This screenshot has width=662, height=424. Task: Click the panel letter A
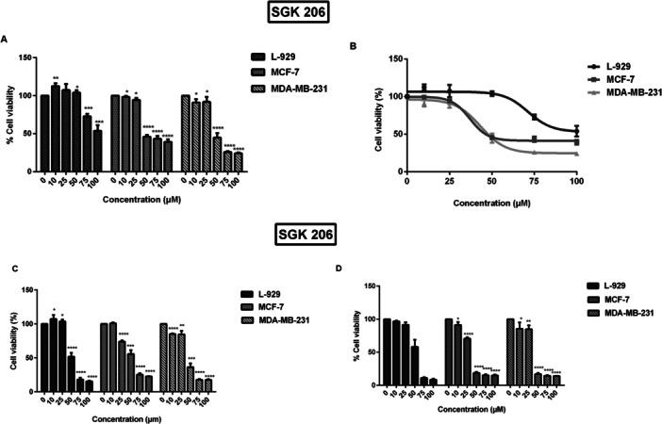pyautogui.click(x=6, y=40)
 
